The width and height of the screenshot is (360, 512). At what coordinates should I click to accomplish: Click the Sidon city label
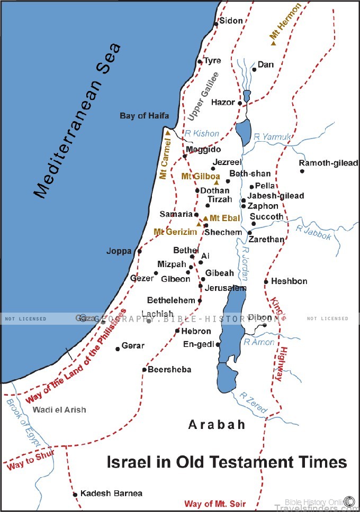point(231,21)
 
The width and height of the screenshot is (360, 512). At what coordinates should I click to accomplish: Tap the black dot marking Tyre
point(200,62)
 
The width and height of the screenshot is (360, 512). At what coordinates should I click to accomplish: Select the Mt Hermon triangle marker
point(274,42)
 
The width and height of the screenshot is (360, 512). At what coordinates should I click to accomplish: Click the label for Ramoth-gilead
point(328,163)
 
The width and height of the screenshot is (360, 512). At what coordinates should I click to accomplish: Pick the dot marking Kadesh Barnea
point(75,494)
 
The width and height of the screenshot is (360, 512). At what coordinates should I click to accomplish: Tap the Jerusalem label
point(226,288)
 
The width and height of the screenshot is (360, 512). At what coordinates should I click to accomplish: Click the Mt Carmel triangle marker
point(168,133)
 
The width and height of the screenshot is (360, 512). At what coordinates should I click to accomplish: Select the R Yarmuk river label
point(273,137)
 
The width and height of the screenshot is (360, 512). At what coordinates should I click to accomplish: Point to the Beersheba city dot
point(144,370)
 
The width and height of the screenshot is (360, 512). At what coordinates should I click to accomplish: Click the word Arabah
point(217,425)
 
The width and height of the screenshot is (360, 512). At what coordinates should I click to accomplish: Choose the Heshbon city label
point(289,281)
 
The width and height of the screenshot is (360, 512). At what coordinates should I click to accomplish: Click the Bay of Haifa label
point(144,115)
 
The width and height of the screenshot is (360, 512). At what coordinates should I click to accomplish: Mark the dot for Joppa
point(140,251)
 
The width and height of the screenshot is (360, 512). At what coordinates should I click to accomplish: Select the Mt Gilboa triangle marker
point(216,182)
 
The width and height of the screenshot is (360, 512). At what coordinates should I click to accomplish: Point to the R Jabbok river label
point(313,233)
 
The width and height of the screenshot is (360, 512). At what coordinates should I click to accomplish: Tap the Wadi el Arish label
point(59,410)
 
